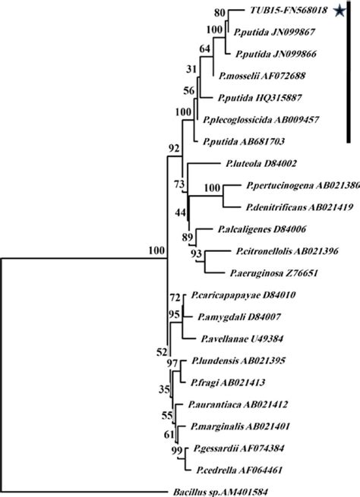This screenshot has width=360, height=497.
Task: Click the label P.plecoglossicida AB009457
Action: pos(258,119)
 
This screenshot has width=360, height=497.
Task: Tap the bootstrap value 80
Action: pos(219,13)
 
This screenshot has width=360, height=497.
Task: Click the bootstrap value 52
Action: pos(159,351)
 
